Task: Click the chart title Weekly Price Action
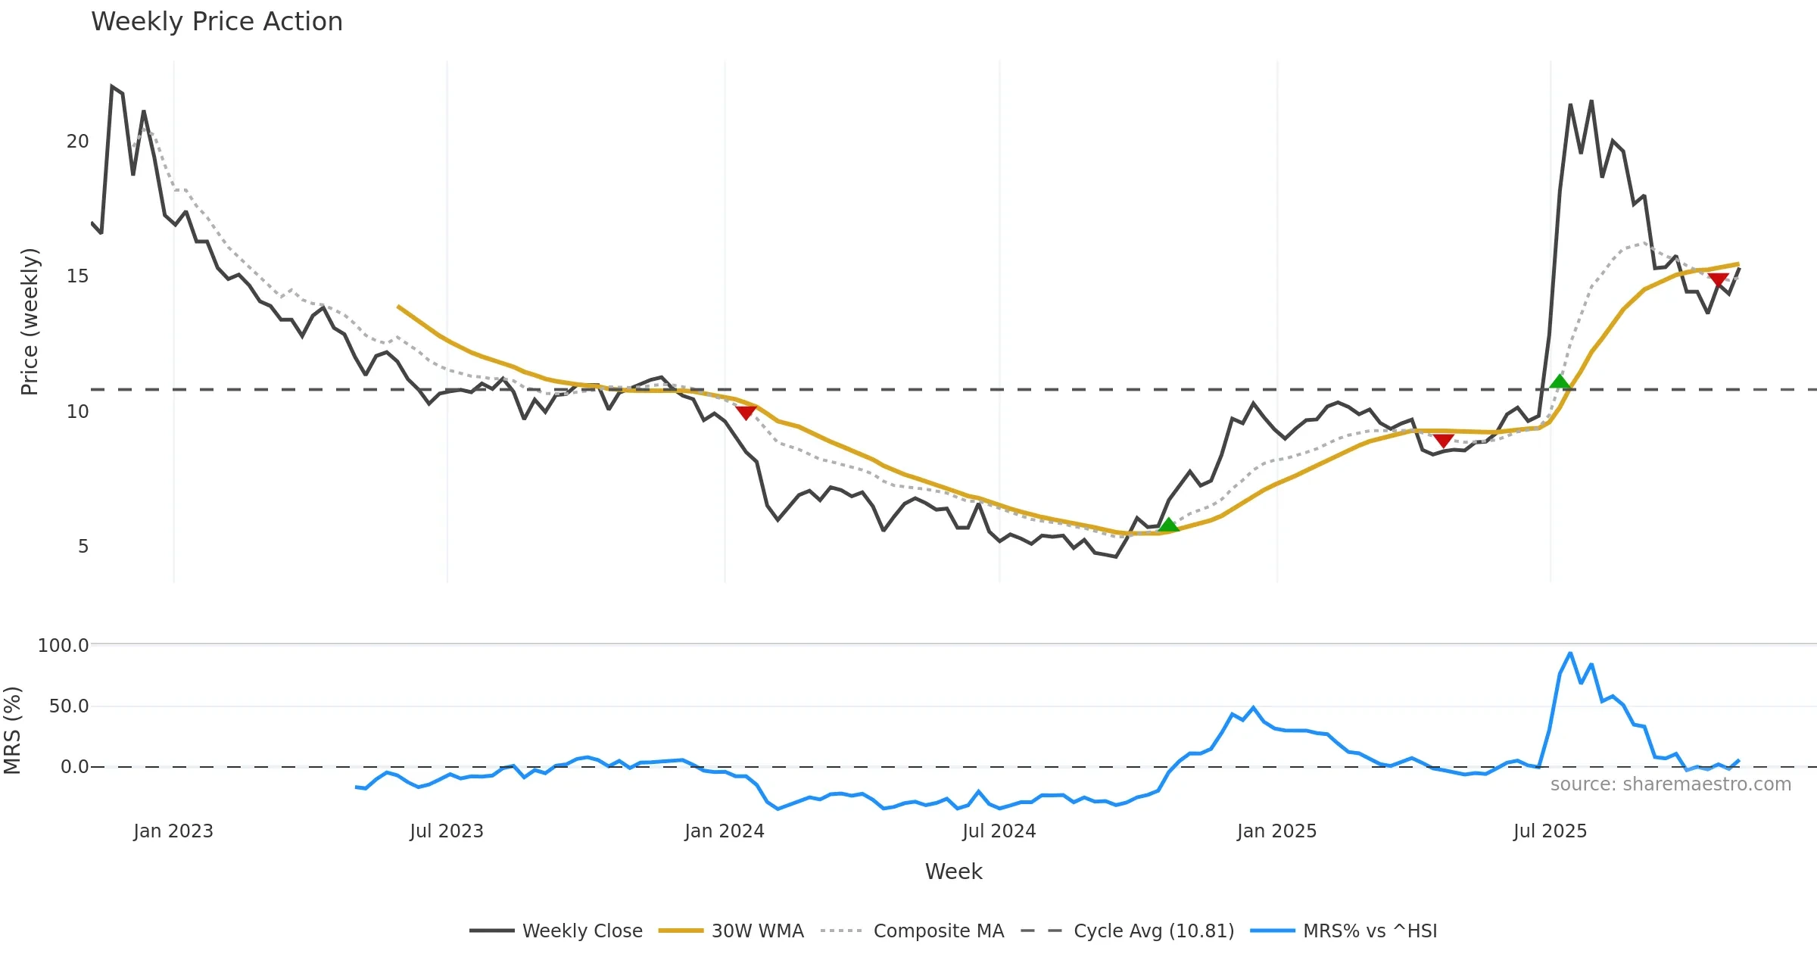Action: [217, 22]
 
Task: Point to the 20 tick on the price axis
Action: [78, 142]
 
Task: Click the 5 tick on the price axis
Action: [83, 547]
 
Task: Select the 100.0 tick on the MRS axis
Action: [64, 646]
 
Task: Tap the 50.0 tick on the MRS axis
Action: [69, 706]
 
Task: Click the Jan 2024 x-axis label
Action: [725, 831]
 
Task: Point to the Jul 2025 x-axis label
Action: [1550, 831]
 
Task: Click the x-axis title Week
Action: [953, 872]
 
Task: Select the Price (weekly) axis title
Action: [30, 322]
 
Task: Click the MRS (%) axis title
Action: [13, 731]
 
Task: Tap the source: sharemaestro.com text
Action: [1670, 784]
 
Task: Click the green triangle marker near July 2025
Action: [1560, 382]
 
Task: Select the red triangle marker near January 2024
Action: [746, 413]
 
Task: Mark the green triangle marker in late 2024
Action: [1168, 525]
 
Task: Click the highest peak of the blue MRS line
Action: [1570, 653]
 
